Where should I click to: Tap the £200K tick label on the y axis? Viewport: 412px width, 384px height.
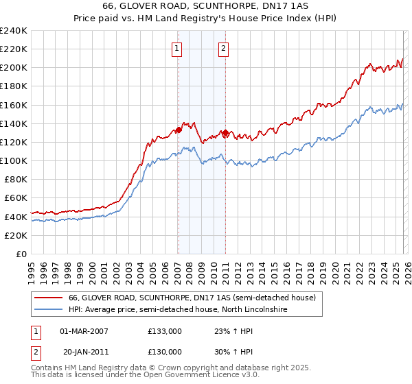pyautogui.click(x=14, y=68)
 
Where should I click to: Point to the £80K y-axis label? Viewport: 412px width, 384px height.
pyautogui.click(x=15, y=179)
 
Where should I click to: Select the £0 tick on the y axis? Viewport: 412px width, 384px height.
pyautogui.click(x=22, y=254)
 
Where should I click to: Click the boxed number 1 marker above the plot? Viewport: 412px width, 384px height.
pyautogui.click(x=178, y=48)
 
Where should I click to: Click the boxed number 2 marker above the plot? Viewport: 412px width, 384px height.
pyautogui.click(x=225, y=48)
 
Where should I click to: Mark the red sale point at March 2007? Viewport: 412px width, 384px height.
pyautogui.click(x=179, y=130)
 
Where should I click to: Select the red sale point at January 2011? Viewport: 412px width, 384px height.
pyautogui.click(x=225, y=132)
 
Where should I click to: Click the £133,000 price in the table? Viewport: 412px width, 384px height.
pyautogui.click(x=164, y=331)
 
